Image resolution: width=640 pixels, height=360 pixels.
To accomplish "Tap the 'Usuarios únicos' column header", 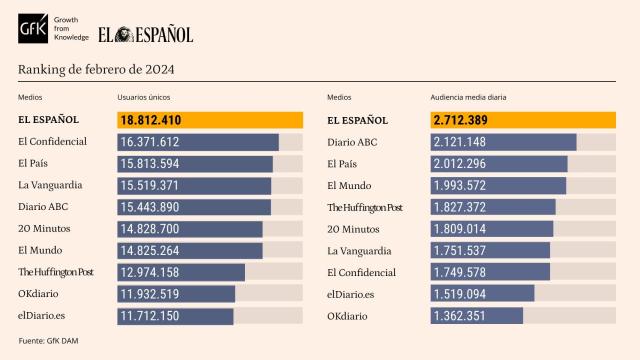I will pos(147,97).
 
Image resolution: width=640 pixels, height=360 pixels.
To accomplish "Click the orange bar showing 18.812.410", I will pos(210,120).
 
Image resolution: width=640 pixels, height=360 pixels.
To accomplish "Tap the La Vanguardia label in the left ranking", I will pos(50,185).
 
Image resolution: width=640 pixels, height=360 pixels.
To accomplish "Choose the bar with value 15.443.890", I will pos(194,207).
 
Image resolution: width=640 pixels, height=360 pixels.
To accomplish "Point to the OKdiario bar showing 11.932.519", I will pos(176,294).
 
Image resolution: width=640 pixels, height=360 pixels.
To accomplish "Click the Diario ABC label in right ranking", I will pos(353,142).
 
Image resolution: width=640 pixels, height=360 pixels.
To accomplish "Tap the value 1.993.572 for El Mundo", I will pos(461,185).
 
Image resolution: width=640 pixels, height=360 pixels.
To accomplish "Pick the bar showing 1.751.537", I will pos(491,251).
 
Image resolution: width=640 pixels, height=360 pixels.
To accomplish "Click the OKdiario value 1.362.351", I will pos(461,316).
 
